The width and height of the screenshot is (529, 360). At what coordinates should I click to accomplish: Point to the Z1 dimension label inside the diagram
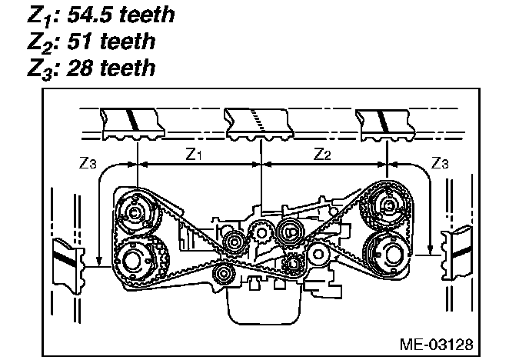point(195,155)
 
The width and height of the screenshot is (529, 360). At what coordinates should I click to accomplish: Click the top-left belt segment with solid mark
point(131,124)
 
